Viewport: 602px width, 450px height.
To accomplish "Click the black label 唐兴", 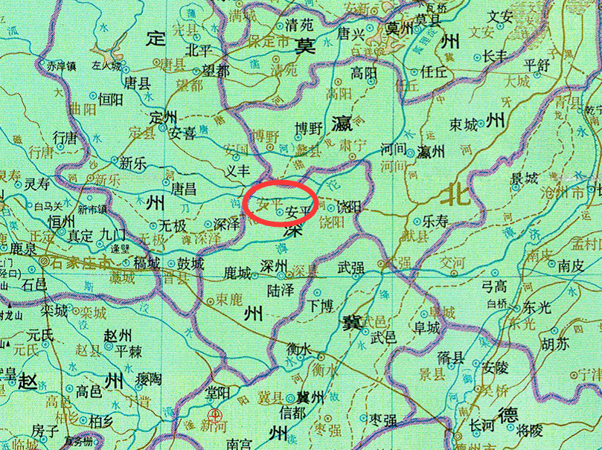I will pos(353,34).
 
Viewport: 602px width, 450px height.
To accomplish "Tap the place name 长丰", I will pos(494,55).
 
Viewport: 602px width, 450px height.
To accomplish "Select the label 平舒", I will pos(537,63).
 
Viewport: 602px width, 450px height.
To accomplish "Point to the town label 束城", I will pos(464,125).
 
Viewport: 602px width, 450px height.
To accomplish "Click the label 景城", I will pos(523,179).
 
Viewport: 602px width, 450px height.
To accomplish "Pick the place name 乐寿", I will pos(436,221).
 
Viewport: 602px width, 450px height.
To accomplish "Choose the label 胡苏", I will pos(555,344).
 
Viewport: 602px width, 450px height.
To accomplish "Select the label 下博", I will pos(322,306).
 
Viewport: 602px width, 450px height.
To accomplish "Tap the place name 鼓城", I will pos(189,264).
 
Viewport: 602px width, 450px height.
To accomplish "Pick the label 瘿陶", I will pos(148,380).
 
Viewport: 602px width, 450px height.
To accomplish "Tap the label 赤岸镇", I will pos(62,66).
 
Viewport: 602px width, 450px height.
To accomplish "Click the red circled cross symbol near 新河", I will pos(214,416).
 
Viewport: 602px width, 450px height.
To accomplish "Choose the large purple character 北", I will pos(456,195).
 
